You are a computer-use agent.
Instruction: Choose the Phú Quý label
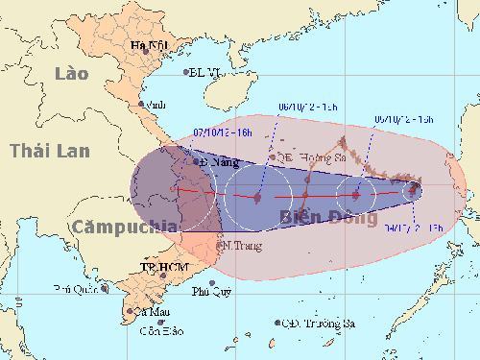(212, 292)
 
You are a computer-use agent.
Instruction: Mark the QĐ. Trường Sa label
(314, 323)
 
